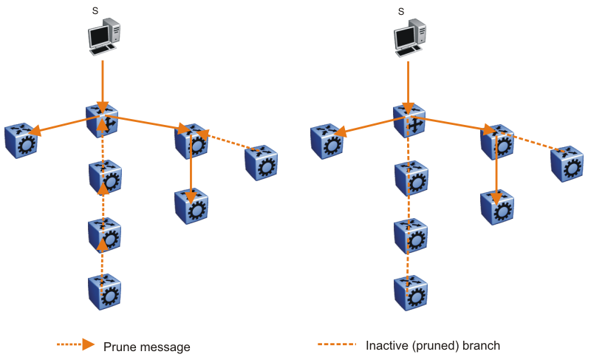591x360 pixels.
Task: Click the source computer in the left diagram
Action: pyautogui.click(x=103, y=36)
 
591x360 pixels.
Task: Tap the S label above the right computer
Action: pyautogui.click(x=401, y=10)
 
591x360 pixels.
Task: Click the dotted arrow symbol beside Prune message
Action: pyautogui.click(x=76, y=344)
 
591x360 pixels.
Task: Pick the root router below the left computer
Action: pyautogui.click(x=103, y=121)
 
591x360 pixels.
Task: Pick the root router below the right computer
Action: pyautogui.click(x=409, y=121)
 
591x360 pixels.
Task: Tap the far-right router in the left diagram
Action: pyautogui.click(x=261, y=163)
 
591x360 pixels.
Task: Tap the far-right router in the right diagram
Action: pyautogui.click(x=566, y=163)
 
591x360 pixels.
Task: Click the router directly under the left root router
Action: pyautogui.click(x=105, y=176)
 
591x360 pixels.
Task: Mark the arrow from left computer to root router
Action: pyautogui.click(x=103, y=84)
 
